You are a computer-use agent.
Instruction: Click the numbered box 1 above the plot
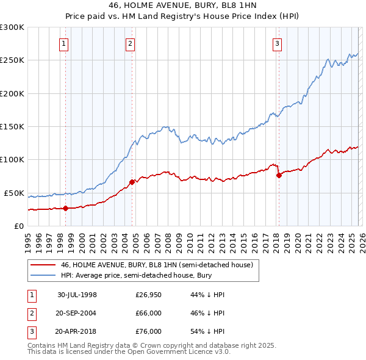(64, 43)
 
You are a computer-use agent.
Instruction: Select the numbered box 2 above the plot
(131, 43)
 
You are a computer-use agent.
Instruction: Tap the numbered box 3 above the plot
(277, 43)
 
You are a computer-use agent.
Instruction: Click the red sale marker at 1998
(66, 208)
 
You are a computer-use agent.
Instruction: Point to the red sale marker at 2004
(132, 182)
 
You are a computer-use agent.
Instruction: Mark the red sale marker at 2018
(279, 175)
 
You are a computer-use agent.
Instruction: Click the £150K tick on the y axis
(12, 127)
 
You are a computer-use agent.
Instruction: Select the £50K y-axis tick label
(15, 193)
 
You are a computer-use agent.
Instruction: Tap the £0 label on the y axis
(20, 226)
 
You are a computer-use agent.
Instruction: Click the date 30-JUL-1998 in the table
(77, 295)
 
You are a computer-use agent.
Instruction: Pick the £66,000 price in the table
(148, 313)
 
